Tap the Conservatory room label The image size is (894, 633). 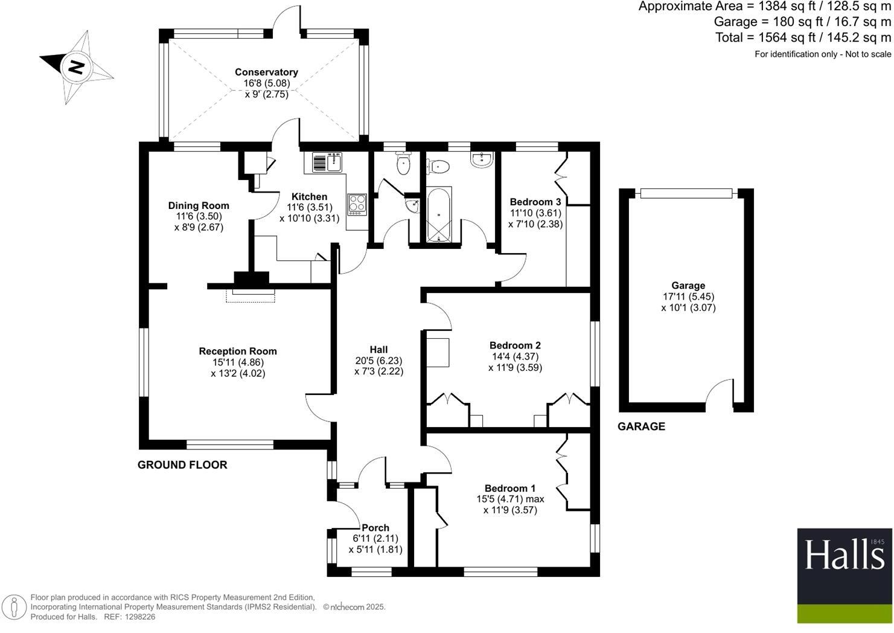pos(266,72)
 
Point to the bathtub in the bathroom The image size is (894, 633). pos(438,214)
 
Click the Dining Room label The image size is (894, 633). pos(199,205)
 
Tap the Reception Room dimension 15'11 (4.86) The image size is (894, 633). pos(238,362)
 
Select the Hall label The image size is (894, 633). pos(378,349)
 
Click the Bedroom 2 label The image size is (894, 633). pos(515,345)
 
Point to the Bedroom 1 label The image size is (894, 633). pos(510,488)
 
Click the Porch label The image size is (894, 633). pos(375,527)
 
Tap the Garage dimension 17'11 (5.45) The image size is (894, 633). pos(688,297)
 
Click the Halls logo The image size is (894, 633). pos(844,576)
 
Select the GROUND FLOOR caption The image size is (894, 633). pos(182,464)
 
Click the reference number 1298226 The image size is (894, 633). pos(138,617)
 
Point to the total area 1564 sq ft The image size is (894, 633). pos(803,37)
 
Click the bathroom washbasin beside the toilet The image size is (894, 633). pos(482,159)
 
